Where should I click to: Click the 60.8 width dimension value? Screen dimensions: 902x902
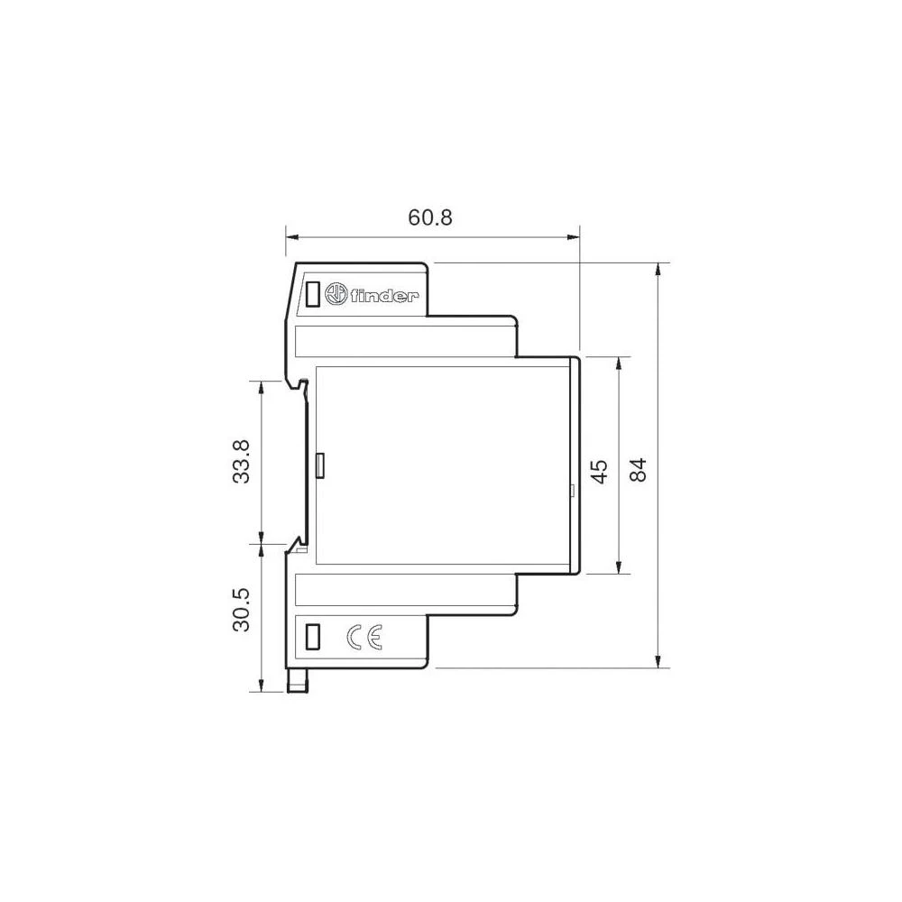tap(429, 217)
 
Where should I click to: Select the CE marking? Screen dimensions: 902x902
tap(365, 638)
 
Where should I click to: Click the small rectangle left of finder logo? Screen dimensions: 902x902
tap(313, 294)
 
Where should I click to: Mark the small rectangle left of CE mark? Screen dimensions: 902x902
tap(313, 637)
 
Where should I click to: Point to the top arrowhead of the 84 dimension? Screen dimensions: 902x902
tap(660, 270)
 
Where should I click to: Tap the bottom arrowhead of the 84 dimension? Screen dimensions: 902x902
tap(660, 661)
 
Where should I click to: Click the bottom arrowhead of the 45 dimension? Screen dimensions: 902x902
tap(619, 567)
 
